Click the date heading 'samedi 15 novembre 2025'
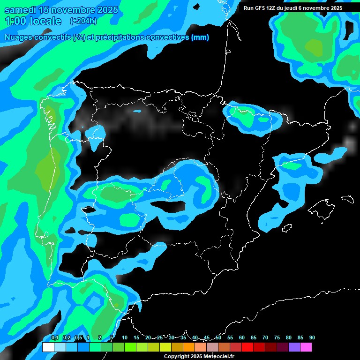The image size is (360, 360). [61, 9]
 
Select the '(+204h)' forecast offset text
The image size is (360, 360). [83, 21]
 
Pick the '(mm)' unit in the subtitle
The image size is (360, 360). [200, 37]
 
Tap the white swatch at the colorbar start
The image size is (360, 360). [48, 347]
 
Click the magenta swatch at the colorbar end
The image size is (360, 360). [306, 347]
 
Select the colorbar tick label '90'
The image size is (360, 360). [312, 337]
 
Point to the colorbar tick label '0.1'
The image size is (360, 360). [54, 337]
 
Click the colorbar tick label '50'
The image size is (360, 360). [218, 337]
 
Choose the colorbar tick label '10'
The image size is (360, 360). [125, 337]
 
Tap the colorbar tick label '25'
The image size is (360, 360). [160, 337]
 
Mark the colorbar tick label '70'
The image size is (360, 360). [265, 337]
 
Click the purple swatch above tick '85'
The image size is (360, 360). [294, 347]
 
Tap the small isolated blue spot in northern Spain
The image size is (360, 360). [137, 111]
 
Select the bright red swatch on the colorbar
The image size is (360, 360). [247, 347]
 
